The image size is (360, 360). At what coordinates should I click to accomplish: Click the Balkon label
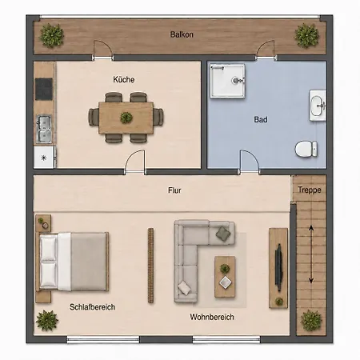[x=182, y=34]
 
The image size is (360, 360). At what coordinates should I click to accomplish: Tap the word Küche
[x=123, y=79]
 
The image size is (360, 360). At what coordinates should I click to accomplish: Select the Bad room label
[x=261, y=119]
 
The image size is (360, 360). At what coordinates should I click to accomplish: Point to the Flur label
[x=174, y=190]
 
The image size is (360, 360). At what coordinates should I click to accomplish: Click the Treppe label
[x=310, y=190]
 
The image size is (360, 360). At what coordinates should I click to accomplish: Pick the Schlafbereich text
[x=92, y=307]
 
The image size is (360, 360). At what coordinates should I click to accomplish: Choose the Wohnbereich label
[x=212, y=317]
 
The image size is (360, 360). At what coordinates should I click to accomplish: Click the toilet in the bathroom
[x=306, y=149]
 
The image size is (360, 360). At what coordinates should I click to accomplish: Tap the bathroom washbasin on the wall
[x=318, y=106]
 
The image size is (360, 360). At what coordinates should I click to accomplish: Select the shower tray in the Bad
[x=227, y=81]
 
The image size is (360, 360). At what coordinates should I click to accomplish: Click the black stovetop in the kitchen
[x=44, y=89]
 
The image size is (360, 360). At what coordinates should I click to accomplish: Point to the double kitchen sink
[x=44, y=129]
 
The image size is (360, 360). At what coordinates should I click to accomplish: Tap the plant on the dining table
[x=126, y=118]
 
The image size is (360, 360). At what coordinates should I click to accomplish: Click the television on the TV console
[x=278, y=267]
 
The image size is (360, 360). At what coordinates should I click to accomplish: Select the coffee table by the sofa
[x=225, y=277]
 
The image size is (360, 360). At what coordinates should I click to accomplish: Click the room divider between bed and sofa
[x=150, y=266]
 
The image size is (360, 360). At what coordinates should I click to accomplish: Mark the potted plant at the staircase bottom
[x=311, y=321]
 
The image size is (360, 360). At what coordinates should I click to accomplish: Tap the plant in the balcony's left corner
[x=51, y=35]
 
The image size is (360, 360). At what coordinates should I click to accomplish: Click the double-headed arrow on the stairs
[x=311, y=254]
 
